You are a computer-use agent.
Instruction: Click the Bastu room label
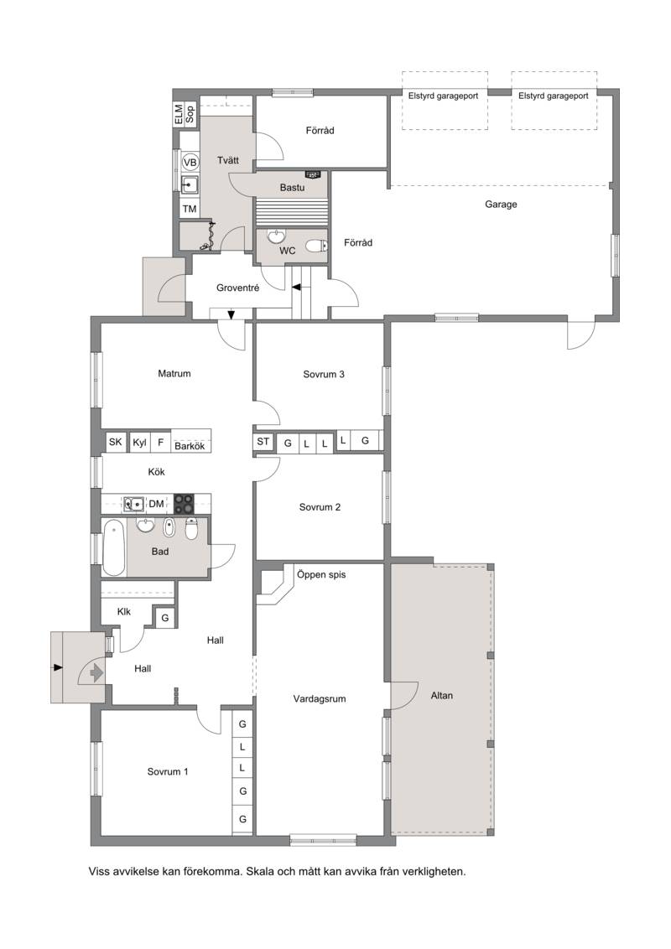tap(292, 188)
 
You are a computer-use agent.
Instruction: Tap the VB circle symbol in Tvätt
tap(190, 162)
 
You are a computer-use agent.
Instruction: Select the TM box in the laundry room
tap(190, 209)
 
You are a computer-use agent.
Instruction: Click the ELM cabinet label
tap(178, 114)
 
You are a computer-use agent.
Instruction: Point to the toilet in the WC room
tap(315, 246)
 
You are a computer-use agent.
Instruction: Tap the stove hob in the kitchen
tap(184, 504)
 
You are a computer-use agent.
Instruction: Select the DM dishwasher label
tap(156, 504)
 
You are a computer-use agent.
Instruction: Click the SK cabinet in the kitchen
tap(115, 442)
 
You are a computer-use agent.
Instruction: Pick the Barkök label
tap(190, 446)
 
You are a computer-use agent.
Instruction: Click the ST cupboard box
tap(263, 442)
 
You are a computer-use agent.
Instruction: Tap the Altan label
tap(441, 696)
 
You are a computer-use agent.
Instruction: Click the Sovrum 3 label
tap(324, 374)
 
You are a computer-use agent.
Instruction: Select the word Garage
tap(501, 204)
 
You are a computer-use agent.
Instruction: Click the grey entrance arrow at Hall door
tap(96, 672)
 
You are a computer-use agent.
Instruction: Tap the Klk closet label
tap(124, 611)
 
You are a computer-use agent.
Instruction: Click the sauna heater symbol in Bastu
tap(313, 174)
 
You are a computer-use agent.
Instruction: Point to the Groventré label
tap(237, 288)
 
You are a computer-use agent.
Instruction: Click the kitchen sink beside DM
tap(134, 504)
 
